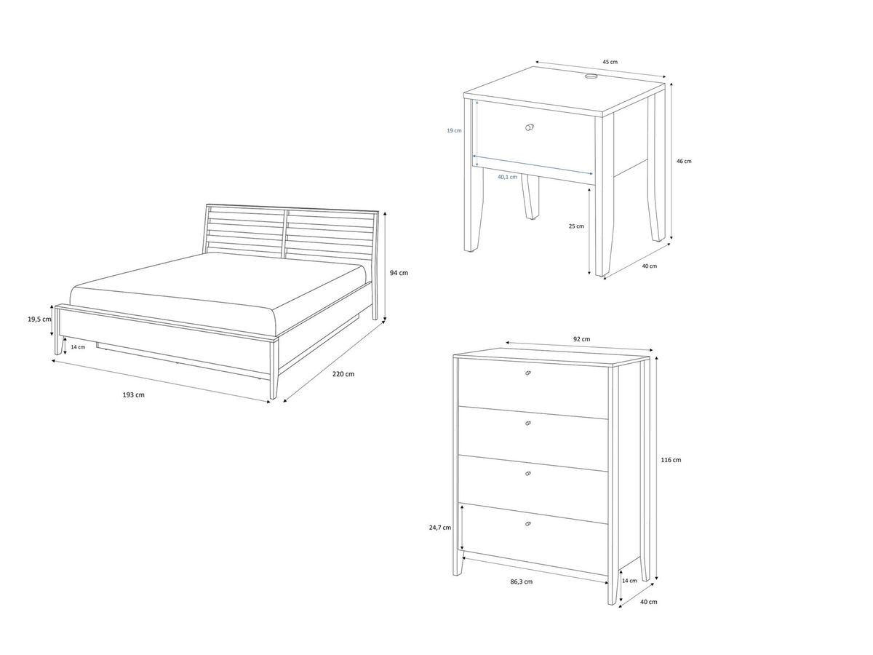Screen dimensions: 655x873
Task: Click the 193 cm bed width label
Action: tap(134, 395)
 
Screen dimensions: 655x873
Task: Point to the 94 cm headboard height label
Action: tap(399, 273)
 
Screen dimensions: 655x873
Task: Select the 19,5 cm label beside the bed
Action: tap(39, 319)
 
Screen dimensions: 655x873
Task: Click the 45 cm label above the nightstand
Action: tap(610, 63)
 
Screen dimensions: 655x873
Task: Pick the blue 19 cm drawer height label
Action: tap(454, 130)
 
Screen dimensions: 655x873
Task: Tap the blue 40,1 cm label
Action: tap(507, 177)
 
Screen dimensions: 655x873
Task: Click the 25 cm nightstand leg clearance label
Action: tap(576, 226)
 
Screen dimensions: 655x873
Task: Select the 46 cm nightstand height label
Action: tap(684, 161)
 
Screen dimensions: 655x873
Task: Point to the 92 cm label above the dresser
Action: tap(581, 339)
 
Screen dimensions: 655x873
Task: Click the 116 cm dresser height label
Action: tap(671, 460)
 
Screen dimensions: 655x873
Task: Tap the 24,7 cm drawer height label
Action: tap(441, 528)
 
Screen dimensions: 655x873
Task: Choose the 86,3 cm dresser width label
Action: tap(522, 581)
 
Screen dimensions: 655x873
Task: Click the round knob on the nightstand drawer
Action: tap(529, 127)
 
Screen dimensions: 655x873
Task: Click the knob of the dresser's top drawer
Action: tap(527, 373)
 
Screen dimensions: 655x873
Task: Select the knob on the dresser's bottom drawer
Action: tap(527, 524)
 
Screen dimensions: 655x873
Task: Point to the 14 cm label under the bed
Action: tap(78, 347)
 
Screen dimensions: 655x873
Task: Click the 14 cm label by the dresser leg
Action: tap(629, 581)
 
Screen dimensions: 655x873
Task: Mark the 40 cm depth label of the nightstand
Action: tap(649, 266)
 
